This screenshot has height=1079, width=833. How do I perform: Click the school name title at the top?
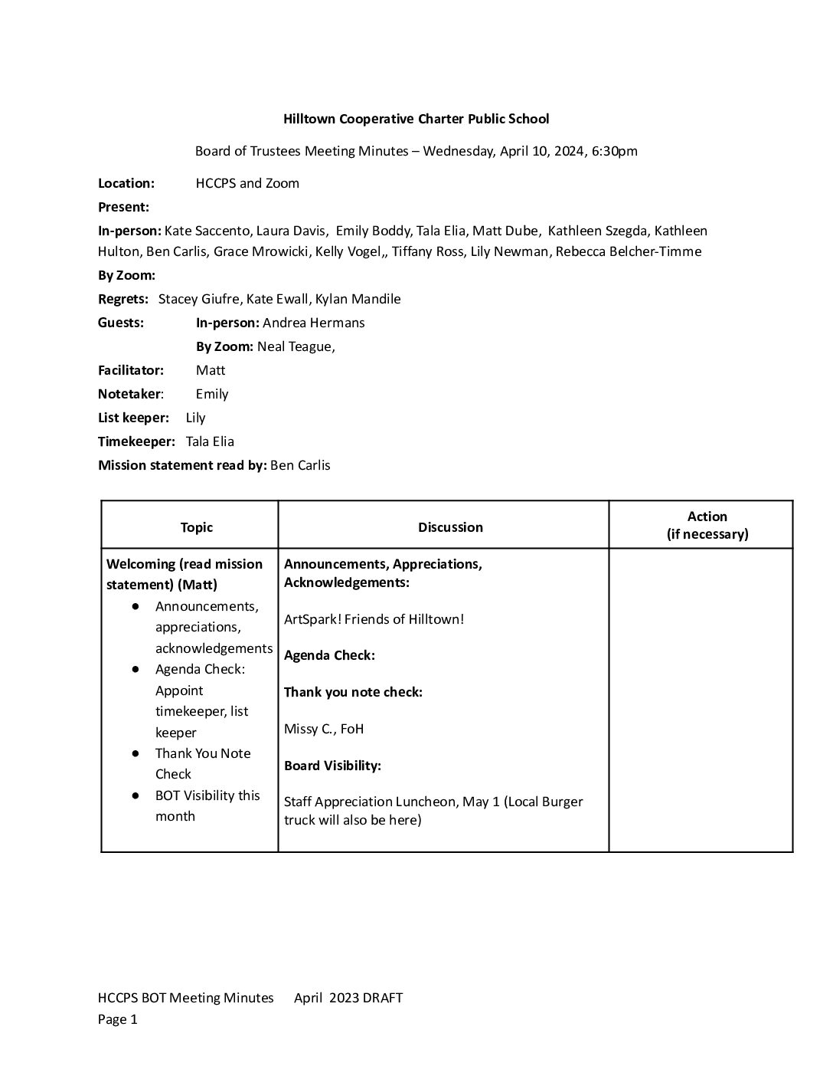coord(416,119)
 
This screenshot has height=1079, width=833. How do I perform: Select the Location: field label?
coord(126,183)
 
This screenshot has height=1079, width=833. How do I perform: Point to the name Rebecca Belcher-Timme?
coord(629,251)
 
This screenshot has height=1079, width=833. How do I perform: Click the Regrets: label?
coord(123,299)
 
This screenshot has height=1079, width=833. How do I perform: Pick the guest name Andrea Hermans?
coord(313,323)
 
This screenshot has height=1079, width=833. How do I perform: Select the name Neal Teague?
coord(295,346)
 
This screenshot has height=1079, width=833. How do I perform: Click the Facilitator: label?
coord(131,370)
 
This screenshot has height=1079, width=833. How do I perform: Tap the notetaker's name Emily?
coord(212,394)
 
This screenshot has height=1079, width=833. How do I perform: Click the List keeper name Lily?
coord(195,418)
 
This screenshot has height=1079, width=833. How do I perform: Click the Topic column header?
coord(197,527)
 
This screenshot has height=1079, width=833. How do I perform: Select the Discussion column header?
coord(450,527)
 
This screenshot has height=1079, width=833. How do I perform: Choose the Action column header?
coord(707,525)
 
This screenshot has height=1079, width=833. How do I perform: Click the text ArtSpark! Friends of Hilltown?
coord(374,619)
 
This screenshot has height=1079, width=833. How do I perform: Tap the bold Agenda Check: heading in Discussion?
coord(329,655)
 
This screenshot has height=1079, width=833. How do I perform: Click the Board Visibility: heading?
coord(332,766)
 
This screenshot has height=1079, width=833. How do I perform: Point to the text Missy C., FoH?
coord(324,729)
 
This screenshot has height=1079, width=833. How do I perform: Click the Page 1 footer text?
coord(118,1019)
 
